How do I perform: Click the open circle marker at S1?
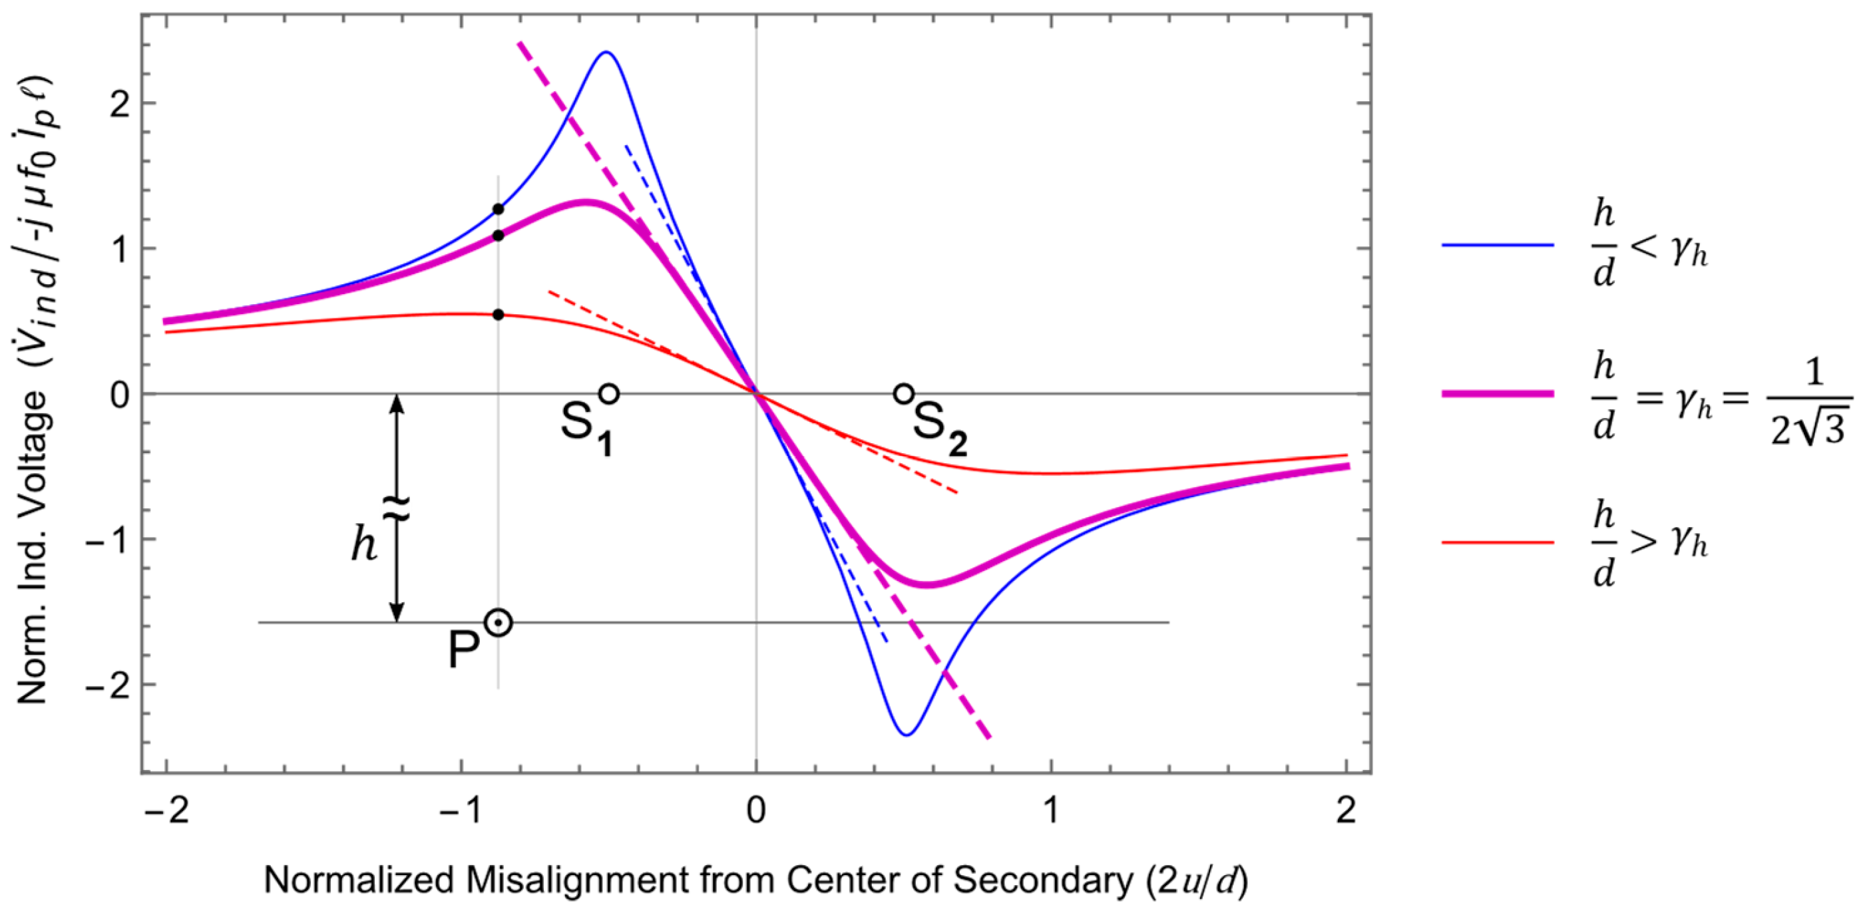pos(609,393)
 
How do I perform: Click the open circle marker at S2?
pos(903,393)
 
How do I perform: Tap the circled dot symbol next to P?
pos(499,622)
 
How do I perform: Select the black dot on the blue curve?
pos(499,209)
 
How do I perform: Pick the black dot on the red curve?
pos(499,315)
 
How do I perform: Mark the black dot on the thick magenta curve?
pos(499,236)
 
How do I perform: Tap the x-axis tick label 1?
pos(1051,811)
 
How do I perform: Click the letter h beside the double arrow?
pos(364,544)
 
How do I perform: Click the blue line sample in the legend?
pos(1497,245)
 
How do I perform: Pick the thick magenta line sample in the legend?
pos(1497,393)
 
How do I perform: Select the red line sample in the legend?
pos(1497,542)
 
